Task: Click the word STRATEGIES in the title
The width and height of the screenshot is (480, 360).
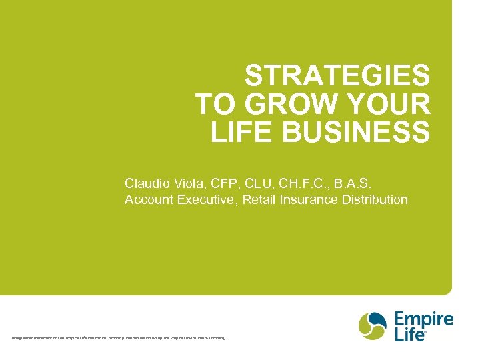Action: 337,77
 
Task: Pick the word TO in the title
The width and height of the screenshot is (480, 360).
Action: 213,105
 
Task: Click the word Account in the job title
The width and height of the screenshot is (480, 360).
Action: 149,199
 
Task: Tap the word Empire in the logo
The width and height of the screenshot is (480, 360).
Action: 423,319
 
